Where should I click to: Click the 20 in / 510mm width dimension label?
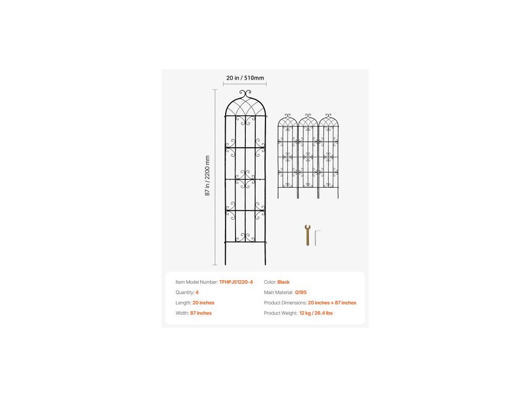pyautogui.click(x=245, y=78)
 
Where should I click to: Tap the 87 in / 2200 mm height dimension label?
pyautogui.click(x=208, y=175)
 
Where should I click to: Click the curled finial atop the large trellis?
pyautogui.click(x=245, y=94)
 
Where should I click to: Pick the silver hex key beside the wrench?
pyautogui.click(x=316, y=237)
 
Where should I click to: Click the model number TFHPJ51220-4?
pyautogui.click(x=236, y=282)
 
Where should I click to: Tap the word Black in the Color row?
pyautogui.click(x=283, y=282)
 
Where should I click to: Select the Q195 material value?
pyautogui.click(x=301, y=293)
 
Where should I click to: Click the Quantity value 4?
pyautogui.click(x=197, y=293)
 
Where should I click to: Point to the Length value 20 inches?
pyautogui.click(x=203, y=303)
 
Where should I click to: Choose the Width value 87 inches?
pyautogui.click(x=201, y=313)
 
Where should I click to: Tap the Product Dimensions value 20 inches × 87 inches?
pyautogui.click(x=332, y=303)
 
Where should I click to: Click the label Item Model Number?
pyautogui.click(x=196, y=282)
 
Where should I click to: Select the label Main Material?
pyautogui.click(x=278, y=293)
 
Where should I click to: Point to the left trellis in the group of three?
pyautogui.click(x=287, y=155)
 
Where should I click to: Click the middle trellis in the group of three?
pyautogui.click(x=308, y=155)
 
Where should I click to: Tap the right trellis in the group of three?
pyautogui.click(x=328, y=155)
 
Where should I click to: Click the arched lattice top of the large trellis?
pyautogui.click(x=245, y=109)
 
